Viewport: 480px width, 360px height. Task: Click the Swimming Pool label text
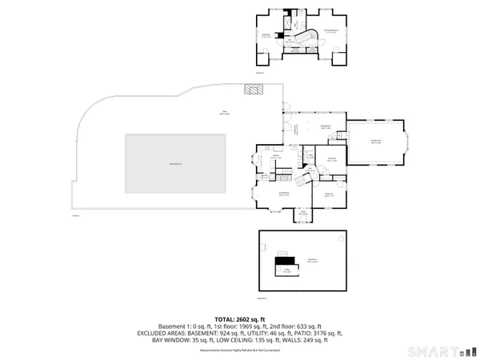click(x=174, y=164)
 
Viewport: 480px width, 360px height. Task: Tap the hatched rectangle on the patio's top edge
click(x=252, y=90)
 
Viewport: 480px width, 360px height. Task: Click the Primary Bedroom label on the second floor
click(x=331, y=32)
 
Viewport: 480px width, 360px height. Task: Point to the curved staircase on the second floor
click(x=302, y=38)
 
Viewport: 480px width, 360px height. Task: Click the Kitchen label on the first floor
click(x=276, y=157)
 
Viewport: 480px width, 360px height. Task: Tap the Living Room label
click(x=283, y=194)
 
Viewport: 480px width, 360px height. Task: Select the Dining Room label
click(x=326, y=127)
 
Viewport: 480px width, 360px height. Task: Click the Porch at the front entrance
click(x=304, y=214)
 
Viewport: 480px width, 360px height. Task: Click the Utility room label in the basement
click(x=286, y=270)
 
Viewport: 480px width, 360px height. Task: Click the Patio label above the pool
click(x=214, y=113)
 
